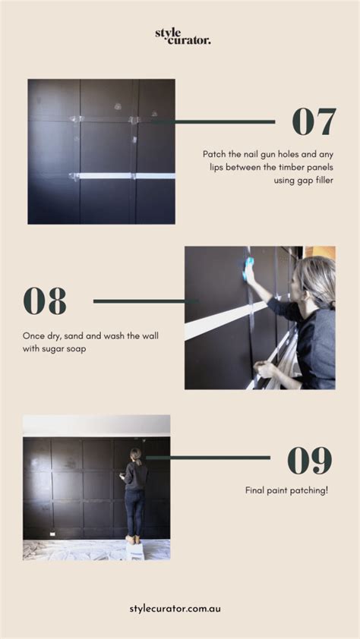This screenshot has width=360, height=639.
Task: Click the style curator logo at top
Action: (x=182, y=36)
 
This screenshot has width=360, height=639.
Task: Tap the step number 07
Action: (x=314, y=121)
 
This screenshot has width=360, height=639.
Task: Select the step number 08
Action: (x=45, y=301)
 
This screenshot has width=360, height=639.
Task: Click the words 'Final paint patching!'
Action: (x=286, y=491)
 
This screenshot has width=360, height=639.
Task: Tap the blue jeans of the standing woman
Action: (x=134, y=510)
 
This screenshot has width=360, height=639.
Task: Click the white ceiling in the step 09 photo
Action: (x=96, y=424)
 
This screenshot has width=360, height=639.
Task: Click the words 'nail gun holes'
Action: (x=264, y=153)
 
